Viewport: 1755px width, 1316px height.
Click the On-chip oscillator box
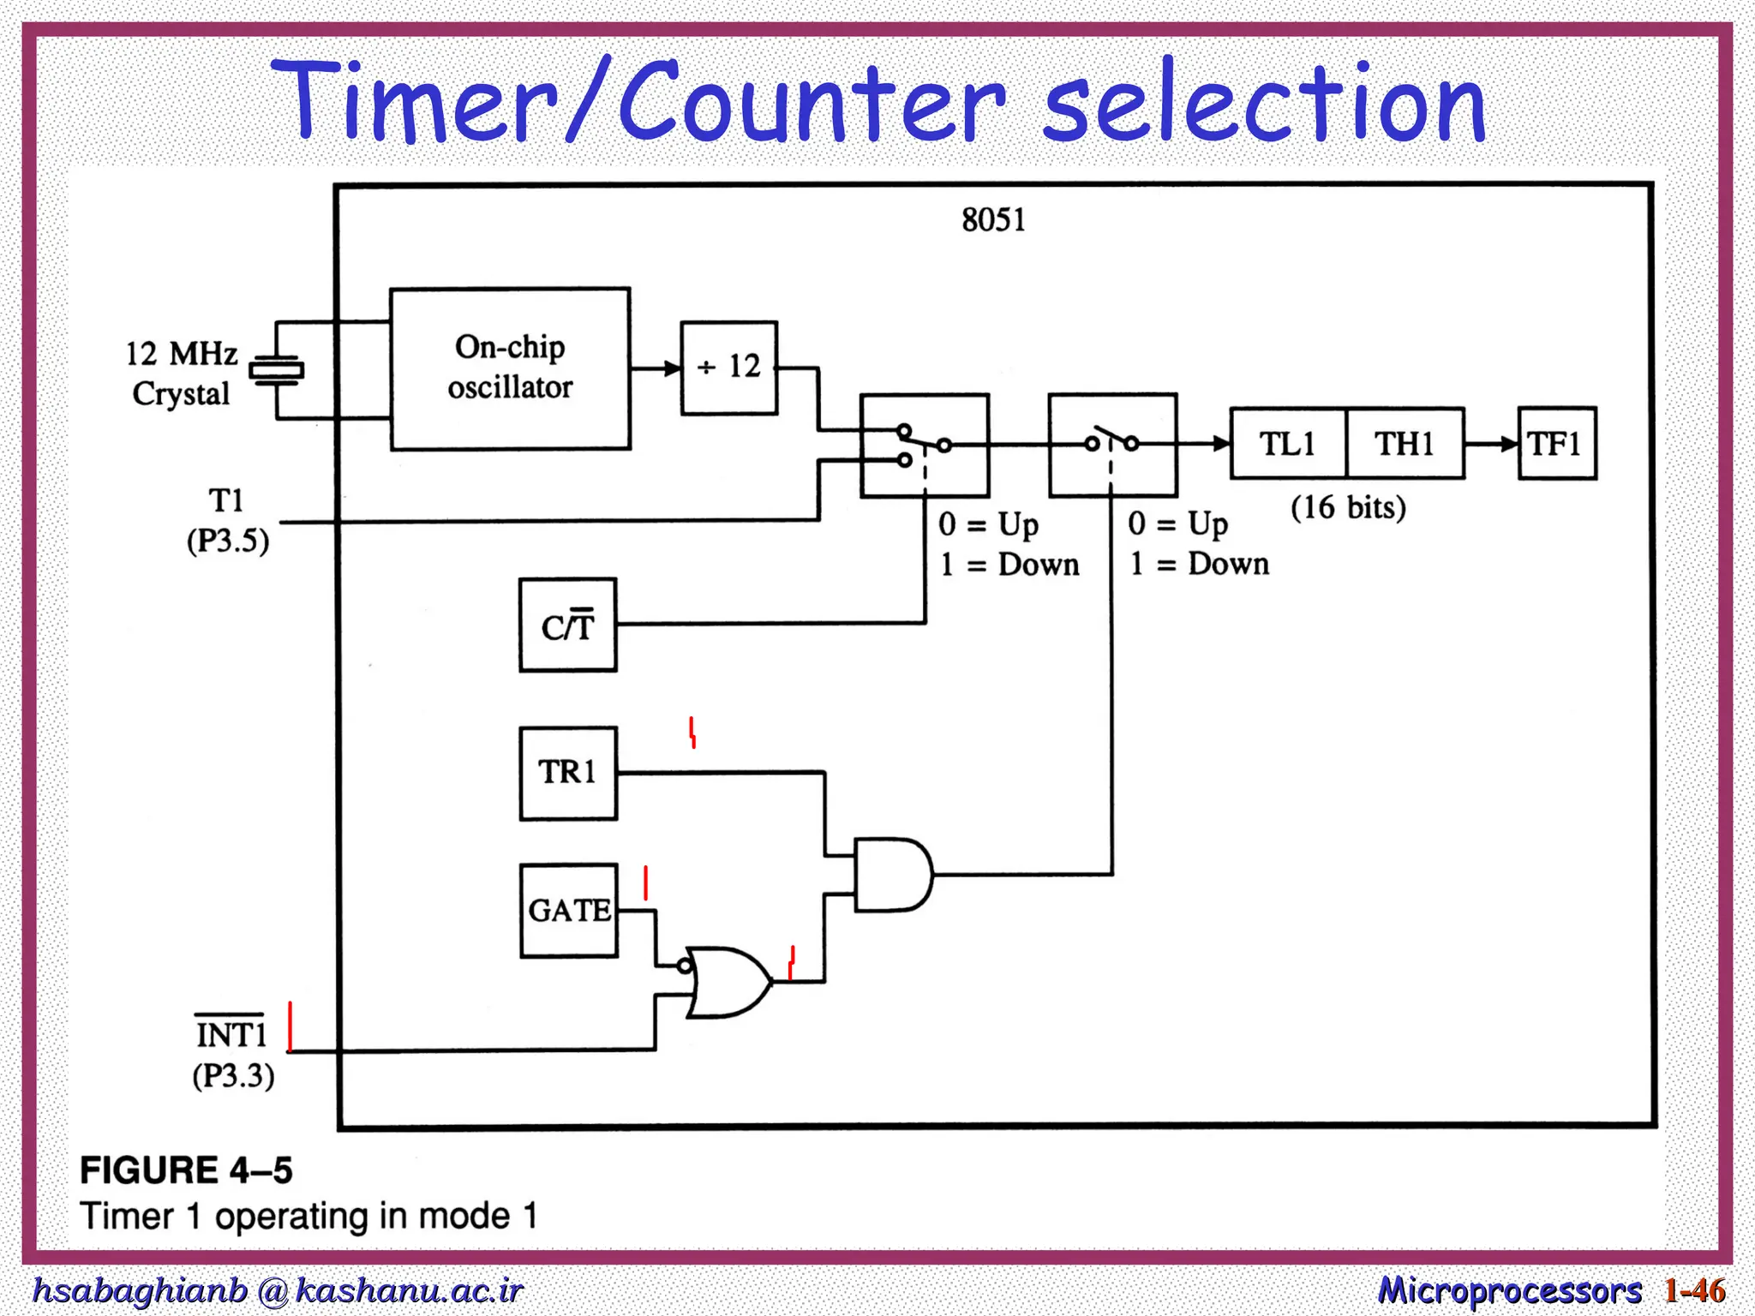(x=510, y=368)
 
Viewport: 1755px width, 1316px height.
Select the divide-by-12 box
(x=728, y=368)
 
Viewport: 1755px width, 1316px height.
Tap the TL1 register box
(x=1288, y=443)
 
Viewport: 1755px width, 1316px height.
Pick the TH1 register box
(x=1405, y=443)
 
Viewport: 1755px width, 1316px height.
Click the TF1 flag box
(x=1556, y=443)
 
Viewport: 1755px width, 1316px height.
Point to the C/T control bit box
(x=567, y=625)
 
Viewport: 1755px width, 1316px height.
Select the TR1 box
(x=567, y=773)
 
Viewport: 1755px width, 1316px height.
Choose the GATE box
(x=569, y=910)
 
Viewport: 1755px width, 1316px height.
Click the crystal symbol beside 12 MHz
(x=276, y=370)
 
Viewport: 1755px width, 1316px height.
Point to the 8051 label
(x=993, y=220)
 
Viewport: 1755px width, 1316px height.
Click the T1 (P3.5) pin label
(x=228, y=520)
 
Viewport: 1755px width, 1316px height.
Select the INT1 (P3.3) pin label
(x=232, y=1055)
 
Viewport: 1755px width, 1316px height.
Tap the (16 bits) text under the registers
(x=1348, y=507)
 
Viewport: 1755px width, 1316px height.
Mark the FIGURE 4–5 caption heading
(x=186, y=1169)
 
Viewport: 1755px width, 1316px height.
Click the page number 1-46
(x=1694, y=1289)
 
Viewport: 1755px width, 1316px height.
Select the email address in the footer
(x=277, y=1290)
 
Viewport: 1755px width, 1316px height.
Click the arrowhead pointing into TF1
(x=1509, y=444)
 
